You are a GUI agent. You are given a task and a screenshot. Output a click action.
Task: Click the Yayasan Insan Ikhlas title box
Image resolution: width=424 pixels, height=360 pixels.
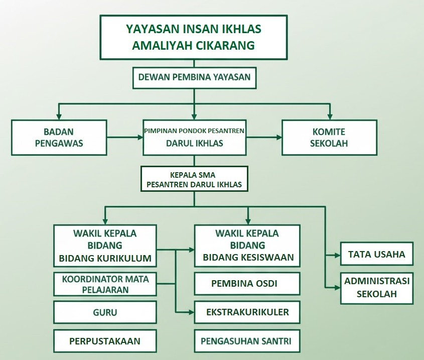[x=194, y=37]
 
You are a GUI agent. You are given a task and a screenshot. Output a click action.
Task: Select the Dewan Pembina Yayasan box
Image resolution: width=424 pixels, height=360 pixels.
[x=194, y=78]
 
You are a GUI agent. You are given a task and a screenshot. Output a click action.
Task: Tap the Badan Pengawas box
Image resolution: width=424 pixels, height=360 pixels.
[x=59, y=138]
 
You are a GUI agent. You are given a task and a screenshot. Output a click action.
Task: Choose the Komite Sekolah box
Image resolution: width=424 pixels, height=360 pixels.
[x=329, y=138]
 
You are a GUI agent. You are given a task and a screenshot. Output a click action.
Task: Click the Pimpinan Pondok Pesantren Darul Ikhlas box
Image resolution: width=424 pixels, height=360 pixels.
[x=194, y=137]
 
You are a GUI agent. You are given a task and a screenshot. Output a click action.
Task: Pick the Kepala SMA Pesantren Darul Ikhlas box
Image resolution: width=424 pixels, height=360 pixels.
[x=194, y=179]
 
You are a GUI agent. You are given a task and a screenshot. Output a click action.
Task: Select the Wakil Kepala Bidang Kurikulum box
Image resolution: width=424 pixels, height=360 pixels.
[x=105, y=246]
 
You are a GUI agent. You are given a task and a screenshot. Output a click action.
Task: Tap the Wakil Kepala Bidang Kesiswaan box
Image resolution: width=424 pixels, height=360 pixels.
[x=247, y=246]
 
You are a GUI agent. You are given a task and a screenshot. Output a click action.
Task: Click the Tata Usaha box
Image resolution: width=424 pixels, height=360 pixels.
[x=377, y=254]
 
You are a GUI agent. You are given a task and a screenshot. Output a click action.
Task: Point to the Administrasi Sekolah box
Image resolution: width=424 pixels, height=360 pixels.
[x=377, y=288]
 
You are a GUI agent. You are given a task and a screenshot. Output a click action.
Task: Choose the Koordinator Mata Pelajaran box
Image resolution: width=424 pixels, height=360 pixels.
[x=105, y=284]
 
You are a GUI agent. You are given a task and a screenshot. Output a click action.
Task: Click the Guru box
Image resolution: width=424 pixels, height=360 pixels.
[x=105, y=312]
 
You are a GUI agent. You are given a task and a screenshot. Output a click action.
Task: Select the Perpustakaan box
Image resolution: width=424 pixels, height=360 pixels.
[x=105, y=341]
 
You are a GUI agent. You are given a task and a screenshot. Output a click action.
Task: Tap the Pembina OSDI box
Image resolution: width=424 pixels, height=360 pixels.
[x=247, y=284]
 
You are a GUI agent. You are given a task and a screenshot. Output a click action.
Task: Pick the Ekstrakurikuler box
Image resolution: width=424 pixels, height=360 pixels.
[x=247, y=312]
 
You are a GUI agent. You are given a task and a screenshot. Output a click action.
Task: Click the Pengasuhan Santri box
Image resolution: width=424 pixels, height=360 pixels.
[x=247, y=341]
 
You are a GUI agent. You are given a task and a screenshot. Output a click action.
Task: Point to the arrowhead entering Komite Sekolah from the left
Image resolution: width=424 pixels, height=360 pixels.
[x=278, y=137]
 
